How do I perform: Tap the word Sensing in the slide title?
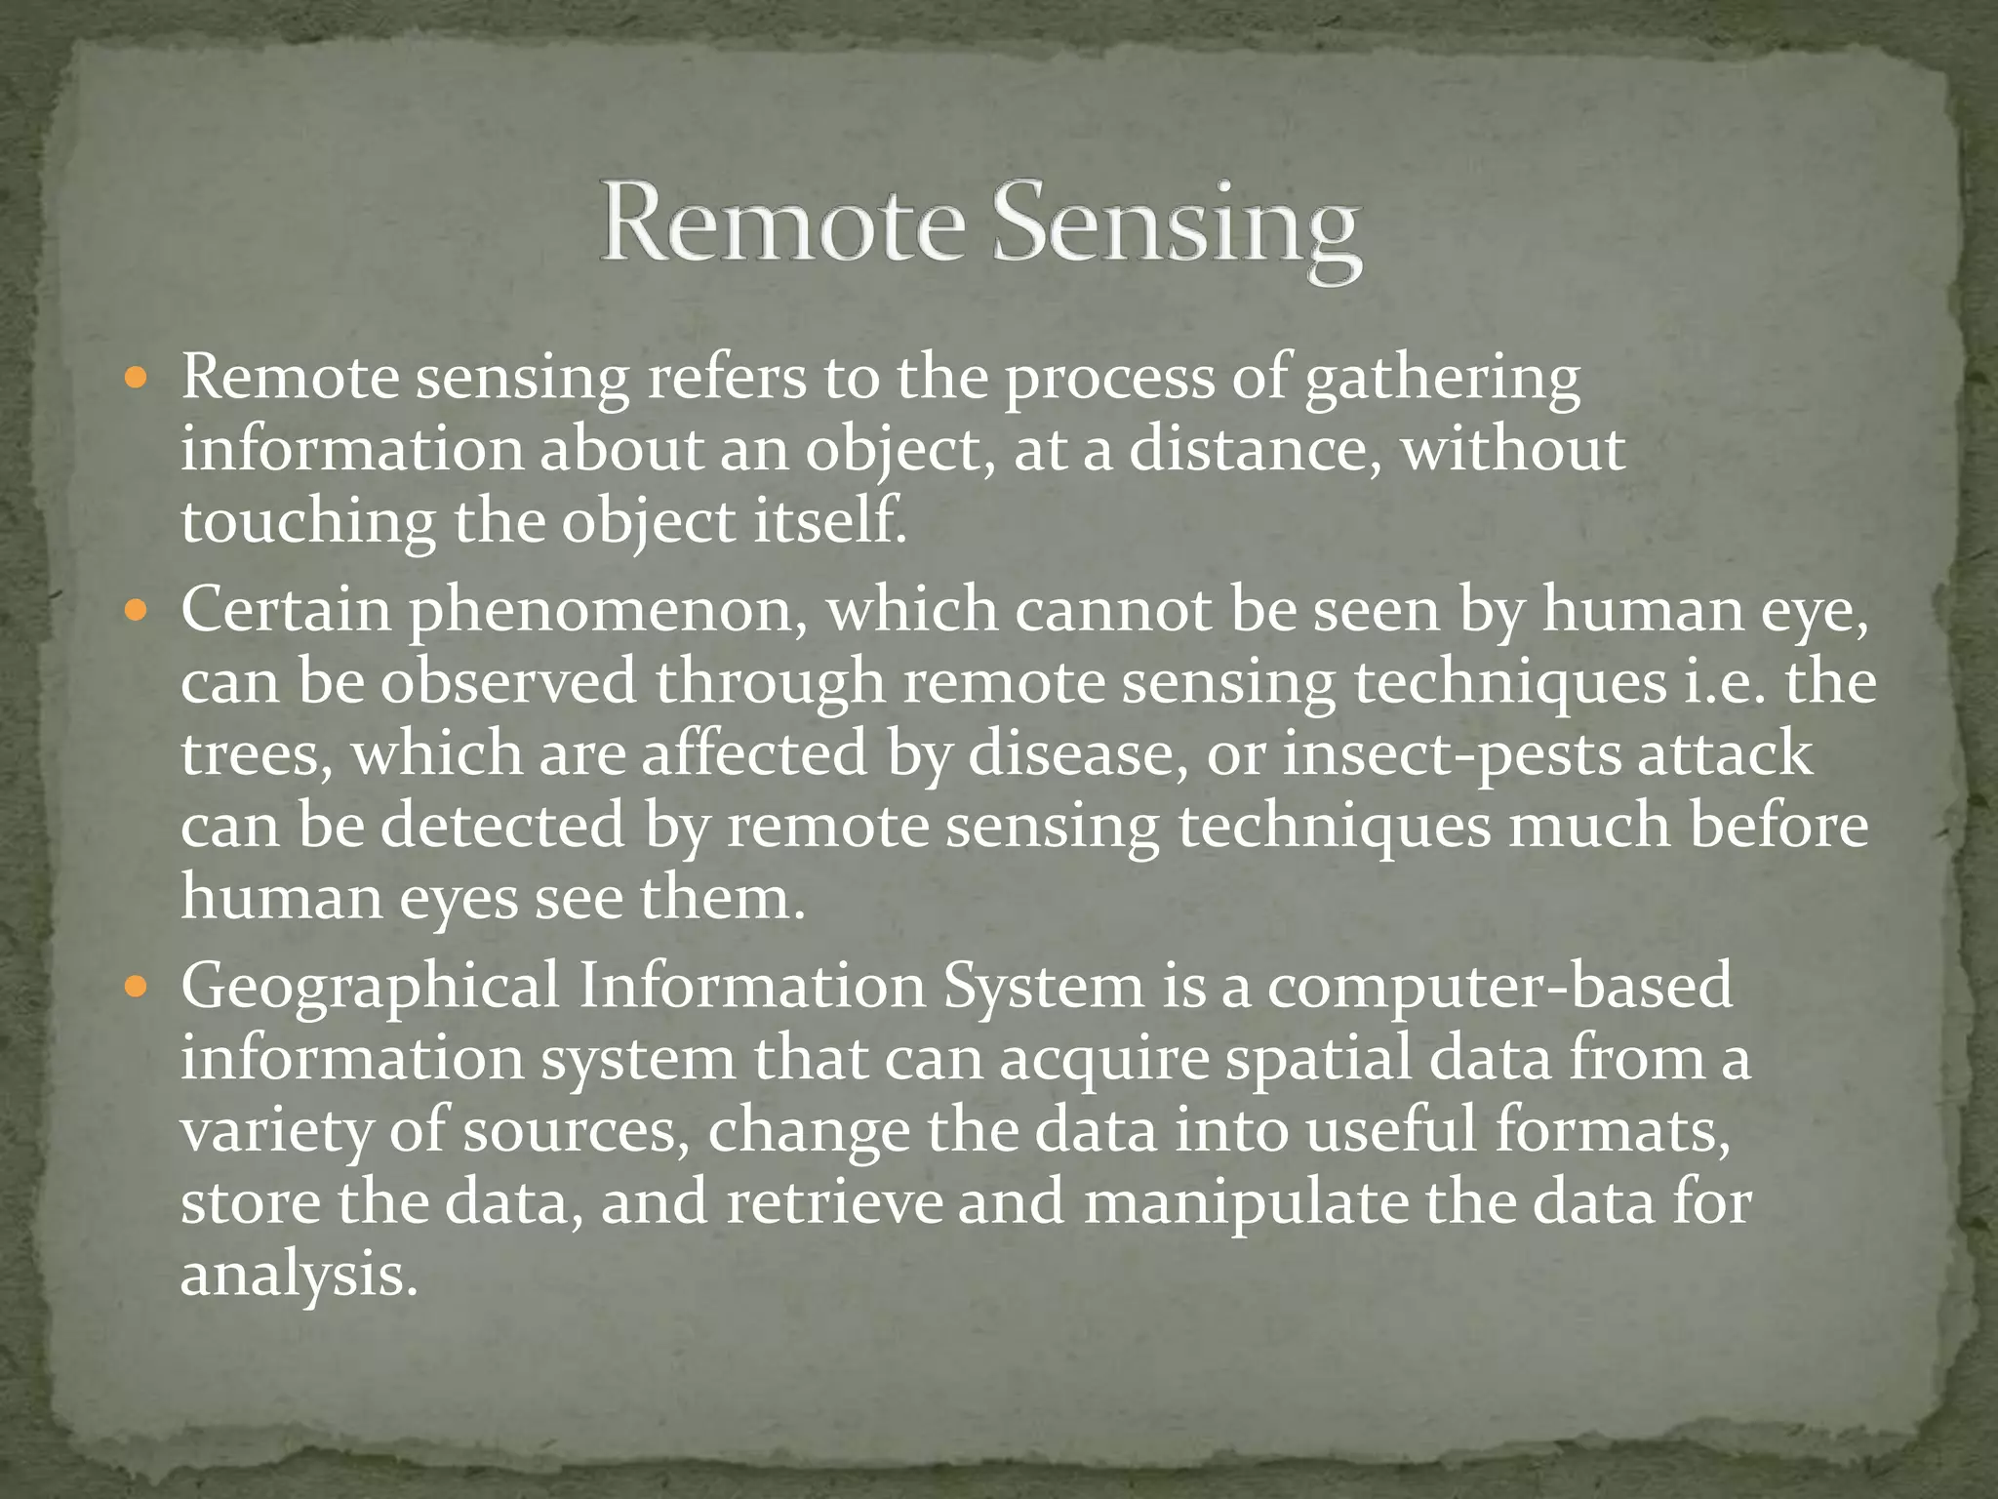[1177, 230]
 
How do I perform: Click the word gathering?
[1442, 381]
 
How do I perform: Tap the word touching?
[307, 524]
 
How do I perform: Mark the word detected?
[501, 826]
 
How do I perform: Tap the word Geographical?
[370, 989]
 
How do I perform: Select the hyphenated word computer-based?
[1498, 987]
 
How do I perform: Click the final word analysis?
[299, 1276]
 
